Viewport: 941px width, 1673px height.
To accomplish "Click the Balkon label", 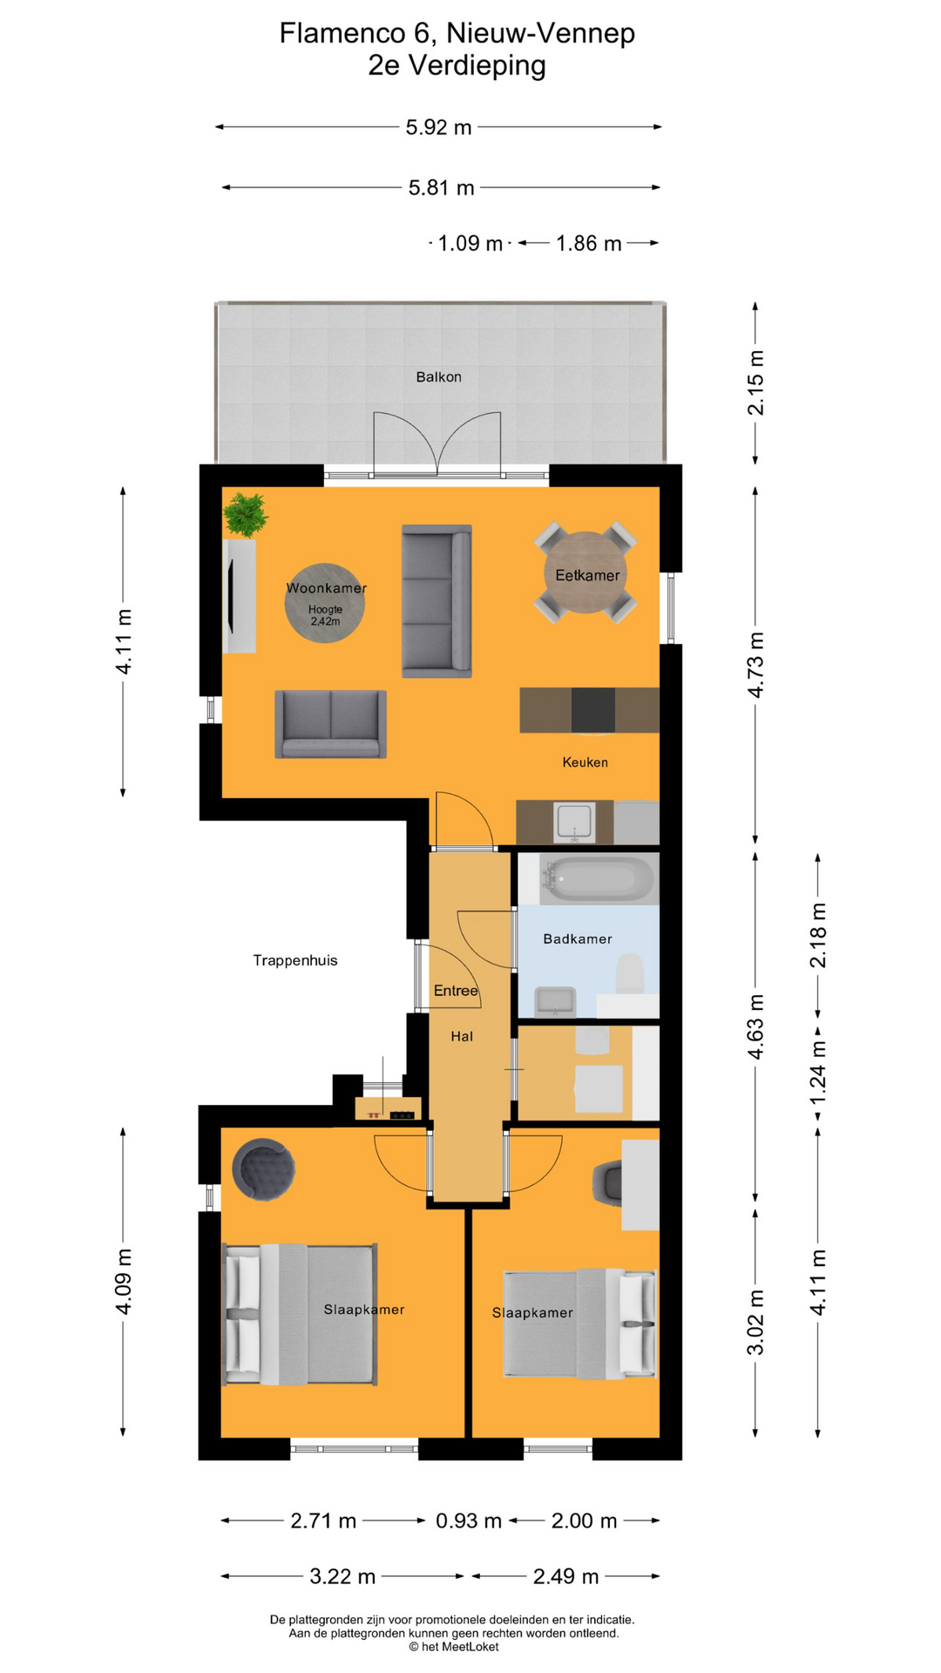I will click(x=438, y=377).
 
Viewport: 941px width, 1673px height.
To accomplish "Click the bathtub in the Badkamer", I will click(x=597, y=879).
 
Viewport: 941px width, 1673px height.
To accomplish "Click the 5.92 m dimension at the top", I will click(x=438, y=127).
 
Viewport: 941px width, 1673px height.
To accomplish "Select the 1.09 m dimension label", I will click(x=470, y=243).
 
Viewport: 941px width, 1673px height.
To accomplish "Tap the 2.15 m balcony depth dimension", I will click(x=755, y=383).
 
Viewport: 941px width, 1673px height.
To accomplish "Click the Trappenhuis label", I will click(x=295, y=960).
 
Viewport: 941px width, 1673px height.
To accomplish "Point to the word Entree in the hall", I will click(x=456, y=991).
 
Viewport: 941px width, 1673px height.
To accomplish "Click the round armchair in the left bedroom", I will click(x=263, y=1169).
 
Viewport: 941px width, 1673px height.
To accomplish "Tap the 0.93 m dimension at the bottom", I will click(x=469, y=1521).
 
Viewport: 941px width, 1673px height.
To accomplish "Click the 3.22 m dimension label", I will click(x=342, y=1576).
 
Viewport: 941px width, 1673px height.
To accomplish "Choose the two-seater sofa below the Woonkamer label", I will click(x=330, y=724).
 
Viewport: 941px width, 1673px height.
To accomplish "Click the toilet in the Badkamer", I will click(x=630, y=974).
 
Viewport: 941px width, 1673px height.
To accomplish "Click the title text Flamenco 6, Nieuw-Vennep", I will click(x=457, y=33).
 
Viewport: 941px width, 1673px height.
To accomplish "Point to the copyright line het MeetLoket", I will click(x=454, y=1647).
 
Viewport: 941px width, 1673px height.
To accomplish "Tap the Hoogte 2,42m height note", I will click(x=325, y=615).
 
